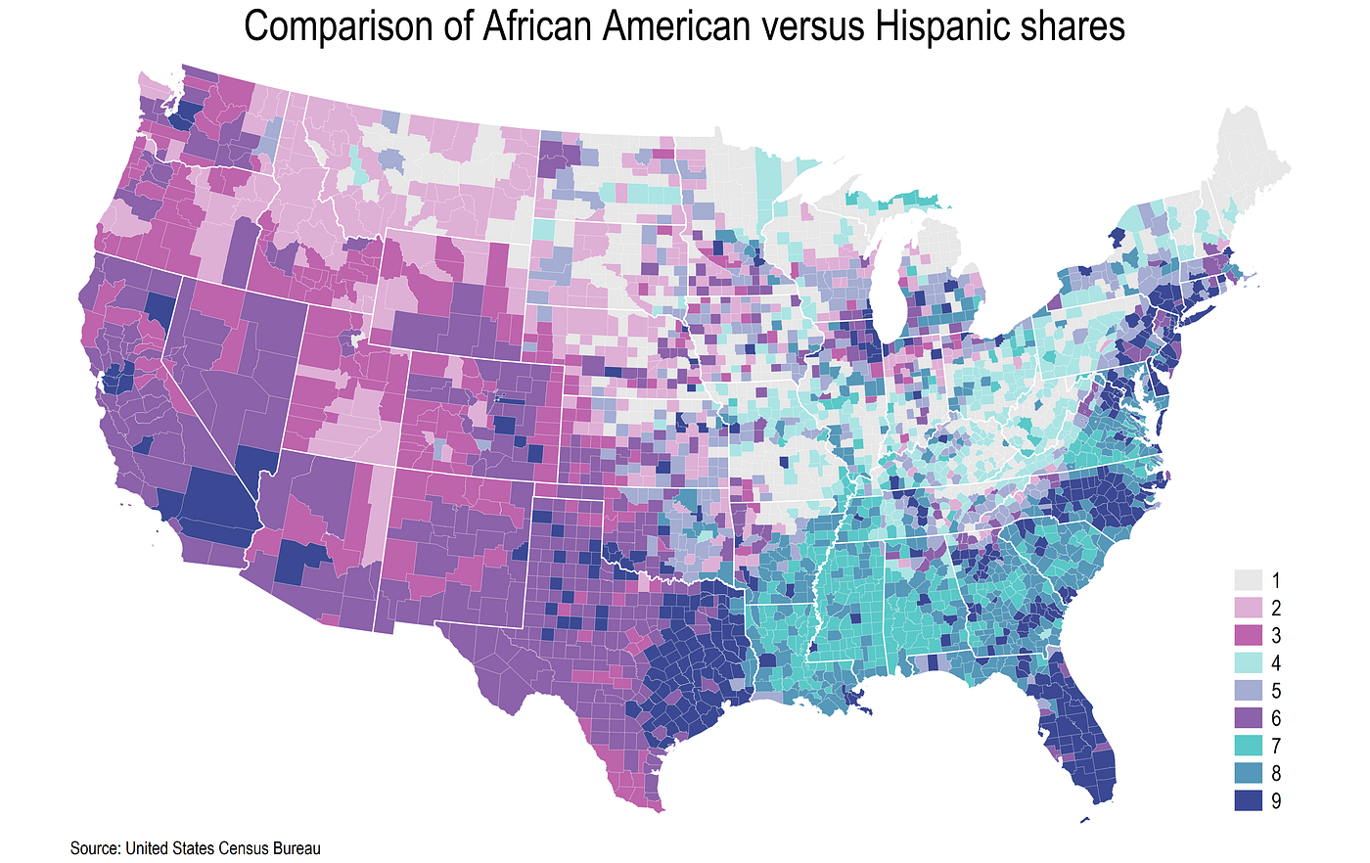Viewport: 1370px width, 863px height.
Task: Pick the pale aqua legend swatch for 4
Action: click(x=1249, y=661)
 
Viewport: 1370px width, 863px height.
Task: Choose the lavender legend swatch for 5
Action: click(x=1249, y=690)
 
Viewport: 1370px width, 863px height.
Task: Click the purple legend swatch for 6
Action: click(x=1249, y=717)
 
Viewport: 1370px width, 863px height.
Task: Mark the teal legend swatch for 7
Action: click(x=1249, y=746)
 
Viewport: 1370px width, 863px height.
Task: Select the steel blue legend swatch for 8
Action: click(x=1249, y=773)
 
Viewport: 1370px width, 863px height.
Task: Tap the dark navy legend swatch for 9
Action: click(x=1249, y=800)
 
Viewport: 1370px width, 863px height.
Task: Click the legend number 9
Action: click(x=1276, y=801)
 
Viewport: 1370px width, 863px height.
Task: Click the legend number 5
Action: click(x=1276, y=690)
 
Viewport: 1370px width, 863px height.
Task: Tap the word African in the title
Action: click(x=535, y=26)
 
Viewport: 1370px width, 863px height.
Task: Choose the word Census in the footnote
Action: click(x=245, y=848)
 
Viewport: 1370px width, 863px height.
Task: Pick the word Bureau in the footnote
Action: click(x=297, y=848)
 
